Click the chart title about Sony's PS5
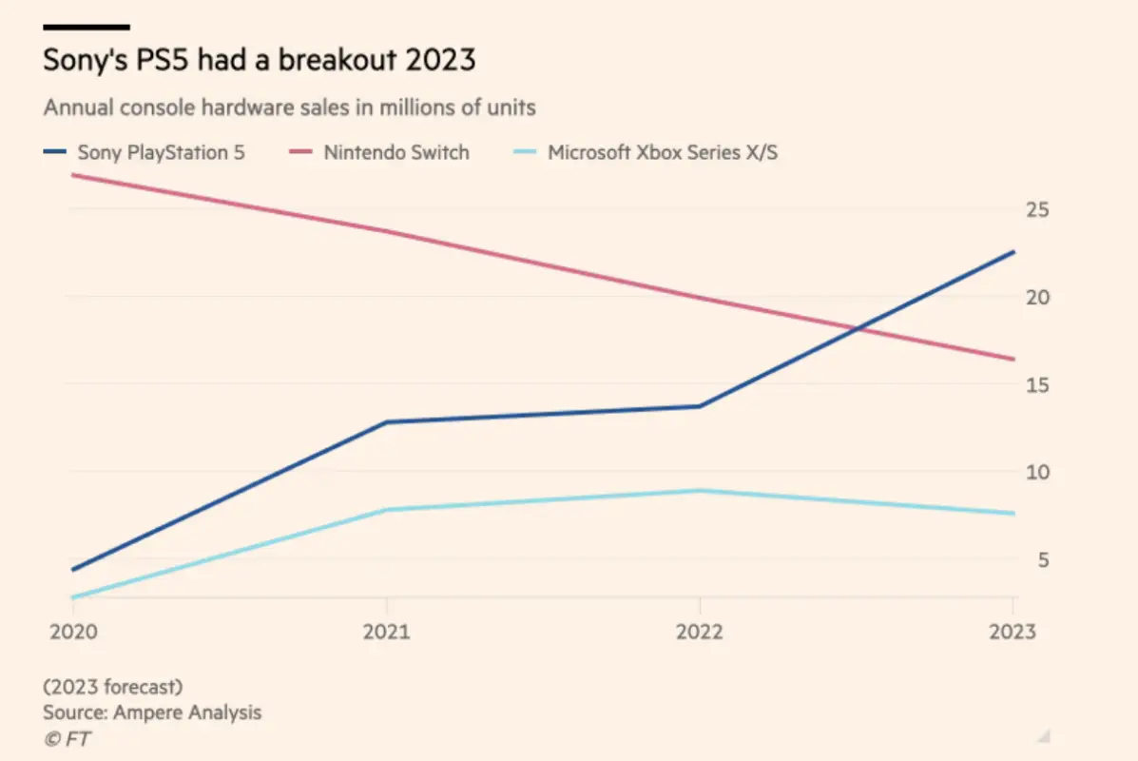click(260, 61)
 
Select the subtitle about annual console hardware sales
click(289, 107)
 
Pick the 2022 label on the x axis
click(699, 631)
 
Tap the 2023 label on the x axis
click(1012, 631)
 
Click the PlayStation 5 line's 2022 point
click(700, 406)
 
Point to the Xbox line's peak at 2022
click(700, 491)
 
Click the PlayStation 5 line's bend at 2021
click(386, 422)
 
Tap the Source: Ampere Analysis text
click(152, 712)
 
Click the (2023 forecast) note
click(113, 686)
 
